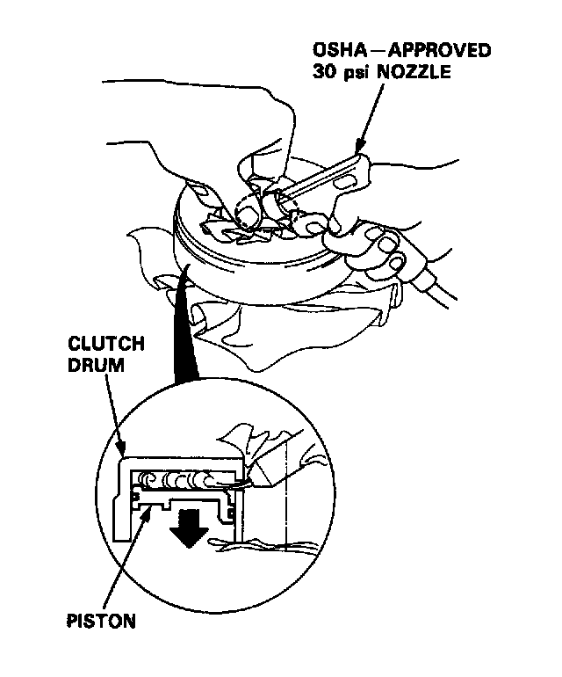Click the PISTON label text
point(101,621)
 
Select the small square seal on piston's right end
point(231,509)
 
